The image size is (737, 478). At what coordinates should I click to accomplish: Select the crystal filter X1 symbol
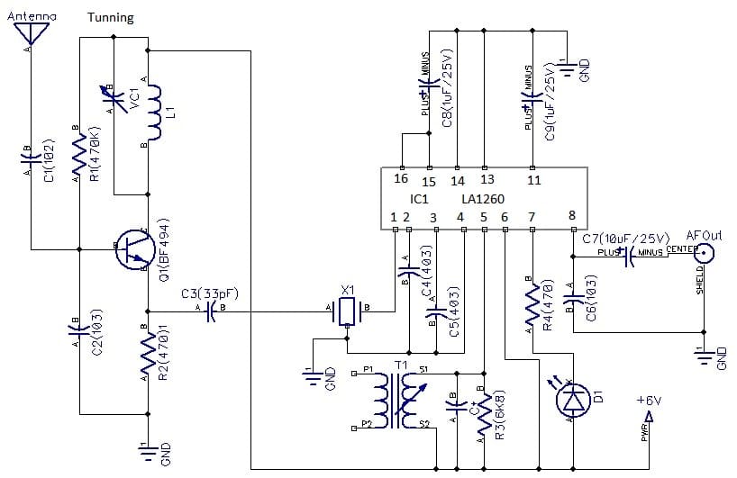tap(347, 311)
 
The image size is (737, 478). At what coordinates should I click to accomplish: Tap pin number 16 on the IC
tap(401, 178)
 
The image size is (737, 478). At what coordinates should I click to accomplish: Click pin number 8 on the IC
tap(572, 214)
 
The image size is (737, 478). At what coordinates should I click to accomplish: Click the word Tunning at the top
tap(111, 17)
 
